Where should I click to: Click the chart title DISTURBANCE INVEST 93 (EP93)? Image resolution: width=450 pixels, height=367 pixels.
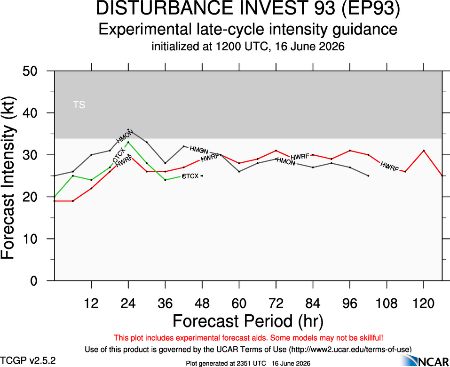tap(248, 8)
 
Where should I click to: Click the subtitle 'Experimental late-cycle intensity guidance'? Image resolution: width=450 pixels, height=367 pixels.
tap(248, 30)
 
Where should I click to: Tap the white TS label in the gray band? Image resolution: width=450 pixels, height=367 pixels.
tap(79, 105)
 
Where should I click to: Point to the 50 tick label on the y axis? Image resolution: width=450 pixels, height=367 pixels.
tap(30, 71)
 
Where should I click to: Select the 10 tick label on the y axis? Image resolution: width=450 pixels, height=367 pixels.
tap(30, 239)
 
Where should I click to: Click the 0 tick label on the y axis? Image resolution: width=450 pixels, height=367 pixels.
tap(33, 280)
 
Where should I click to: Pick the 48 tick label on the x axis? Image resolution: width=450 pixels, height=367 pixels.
tap(202, 303)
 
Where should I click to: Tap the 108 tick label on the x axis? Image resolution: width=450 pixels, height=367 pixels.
tap(387, 303)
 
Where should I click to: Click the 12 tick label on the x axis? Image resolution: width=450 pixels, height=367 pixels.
tap(91, 303)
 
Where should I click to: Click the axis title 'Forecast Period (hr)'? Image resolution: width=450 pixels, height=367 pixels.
tap(248, 321)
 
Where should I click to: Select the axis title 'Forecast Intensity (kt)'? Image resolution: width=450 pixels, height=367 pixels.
tap(8, 178)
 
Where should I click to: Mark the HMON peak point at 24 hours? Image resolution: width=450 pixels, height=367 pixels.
tap(128, 129)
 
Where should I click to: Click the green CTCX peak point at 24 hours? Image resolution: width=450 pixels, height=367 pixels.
tap(128, 142)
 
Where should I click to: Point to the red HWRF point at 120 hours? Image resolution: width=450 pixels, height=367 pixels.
tap(424, 151)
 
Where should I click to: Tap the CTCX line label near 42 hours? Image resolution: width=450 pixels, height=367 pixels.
tap(190, 176)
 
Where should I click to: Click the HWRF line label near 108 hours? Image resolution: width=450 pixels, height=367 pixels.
tap(389, 167)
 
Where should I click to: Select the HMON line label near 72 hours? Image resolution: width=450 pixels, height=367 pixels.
tap(286, 161)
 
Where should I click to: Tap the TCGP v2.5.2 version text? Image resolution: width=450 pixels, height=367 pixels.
tap(28, 360)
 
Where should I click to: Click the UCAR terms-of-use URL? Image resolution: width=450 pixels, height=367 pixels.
tap(350, 350)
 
